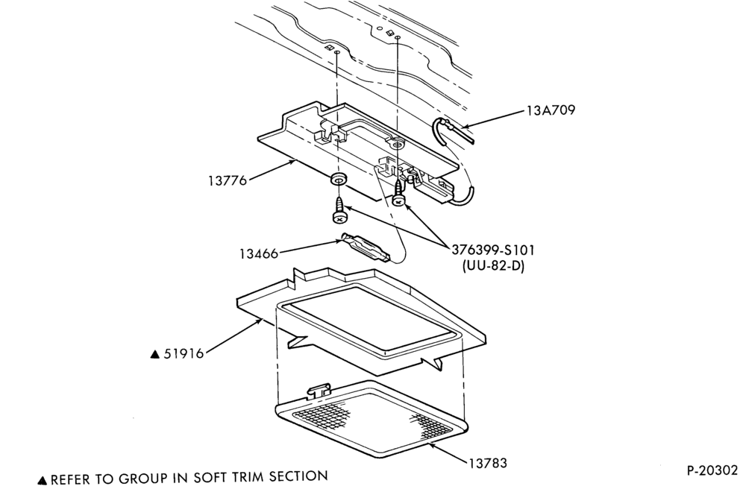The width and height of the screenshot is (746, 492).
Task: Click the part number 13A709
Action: coord(551,111)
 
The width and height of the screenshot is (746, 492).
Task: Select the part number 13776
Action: coord(228,181)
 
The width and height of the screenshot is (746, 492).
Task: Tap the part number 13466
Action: coord(258,254)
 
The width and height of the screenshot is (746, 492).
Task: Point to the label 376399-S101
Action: coord(492,250)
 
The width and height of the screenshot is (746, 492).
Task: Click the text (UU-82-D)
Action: coord(493,266)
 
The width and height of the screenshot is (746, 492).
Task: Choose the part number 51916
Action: coord(184,353)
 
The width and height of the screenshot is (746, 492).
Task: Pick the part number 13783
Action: coord(488,462)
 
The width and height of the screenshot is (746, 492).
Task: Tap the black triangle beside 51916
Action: coord(154,354)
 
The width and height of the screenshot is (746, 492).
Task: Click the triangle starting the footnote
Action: coord(43,480)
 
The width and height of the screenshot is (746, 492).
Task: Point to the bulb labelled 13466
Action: coord(365,247)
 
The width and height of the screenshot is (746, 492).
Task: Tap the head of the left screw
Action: coord(339,218)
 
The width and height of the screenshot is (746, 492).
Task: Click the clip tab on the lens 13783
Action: coord(319,391)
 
